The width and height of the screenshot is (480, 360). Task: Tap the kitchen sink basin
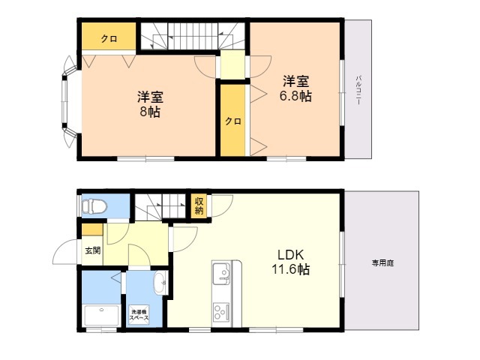[222, 273]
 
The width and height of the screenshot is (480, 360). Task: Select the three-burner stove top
[221, 312]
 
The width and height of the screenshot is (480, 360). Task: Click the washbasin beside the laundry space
[160, 283]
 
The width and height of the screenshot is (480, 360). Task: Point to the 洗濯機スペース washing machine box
[139, 315]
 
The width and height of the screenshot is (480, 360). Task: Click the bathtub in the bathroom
[101, 316]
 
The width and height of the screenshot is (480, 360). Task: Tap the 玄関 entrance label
[92, 250]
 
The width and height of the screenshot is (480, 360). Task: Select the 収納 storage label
[199, 206]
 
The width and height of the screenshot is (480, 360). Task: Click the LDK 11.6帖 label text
[290, 262]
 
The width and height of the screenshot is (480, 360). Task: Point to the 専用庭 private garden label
[382, 262]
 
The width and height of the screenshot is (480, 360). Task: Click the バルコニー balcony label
[358, 90]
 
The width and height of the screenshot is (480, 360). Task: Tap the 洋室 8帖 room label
[150, 105]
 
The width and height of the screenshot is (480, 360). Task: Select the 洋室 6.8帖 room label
[295, 88]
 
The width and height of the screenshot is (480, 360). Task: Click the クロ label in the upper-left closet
[109, 39]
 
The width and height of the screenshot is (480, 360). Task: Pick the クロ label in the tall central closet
[233, 121]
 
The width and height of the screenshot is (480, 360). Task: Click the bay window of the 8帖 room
[68, 102]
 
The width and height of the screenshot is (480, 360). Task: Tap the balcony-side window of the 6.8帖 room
[342, 92]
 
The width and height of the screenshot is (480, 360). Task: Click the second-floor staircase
[193, 36]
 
